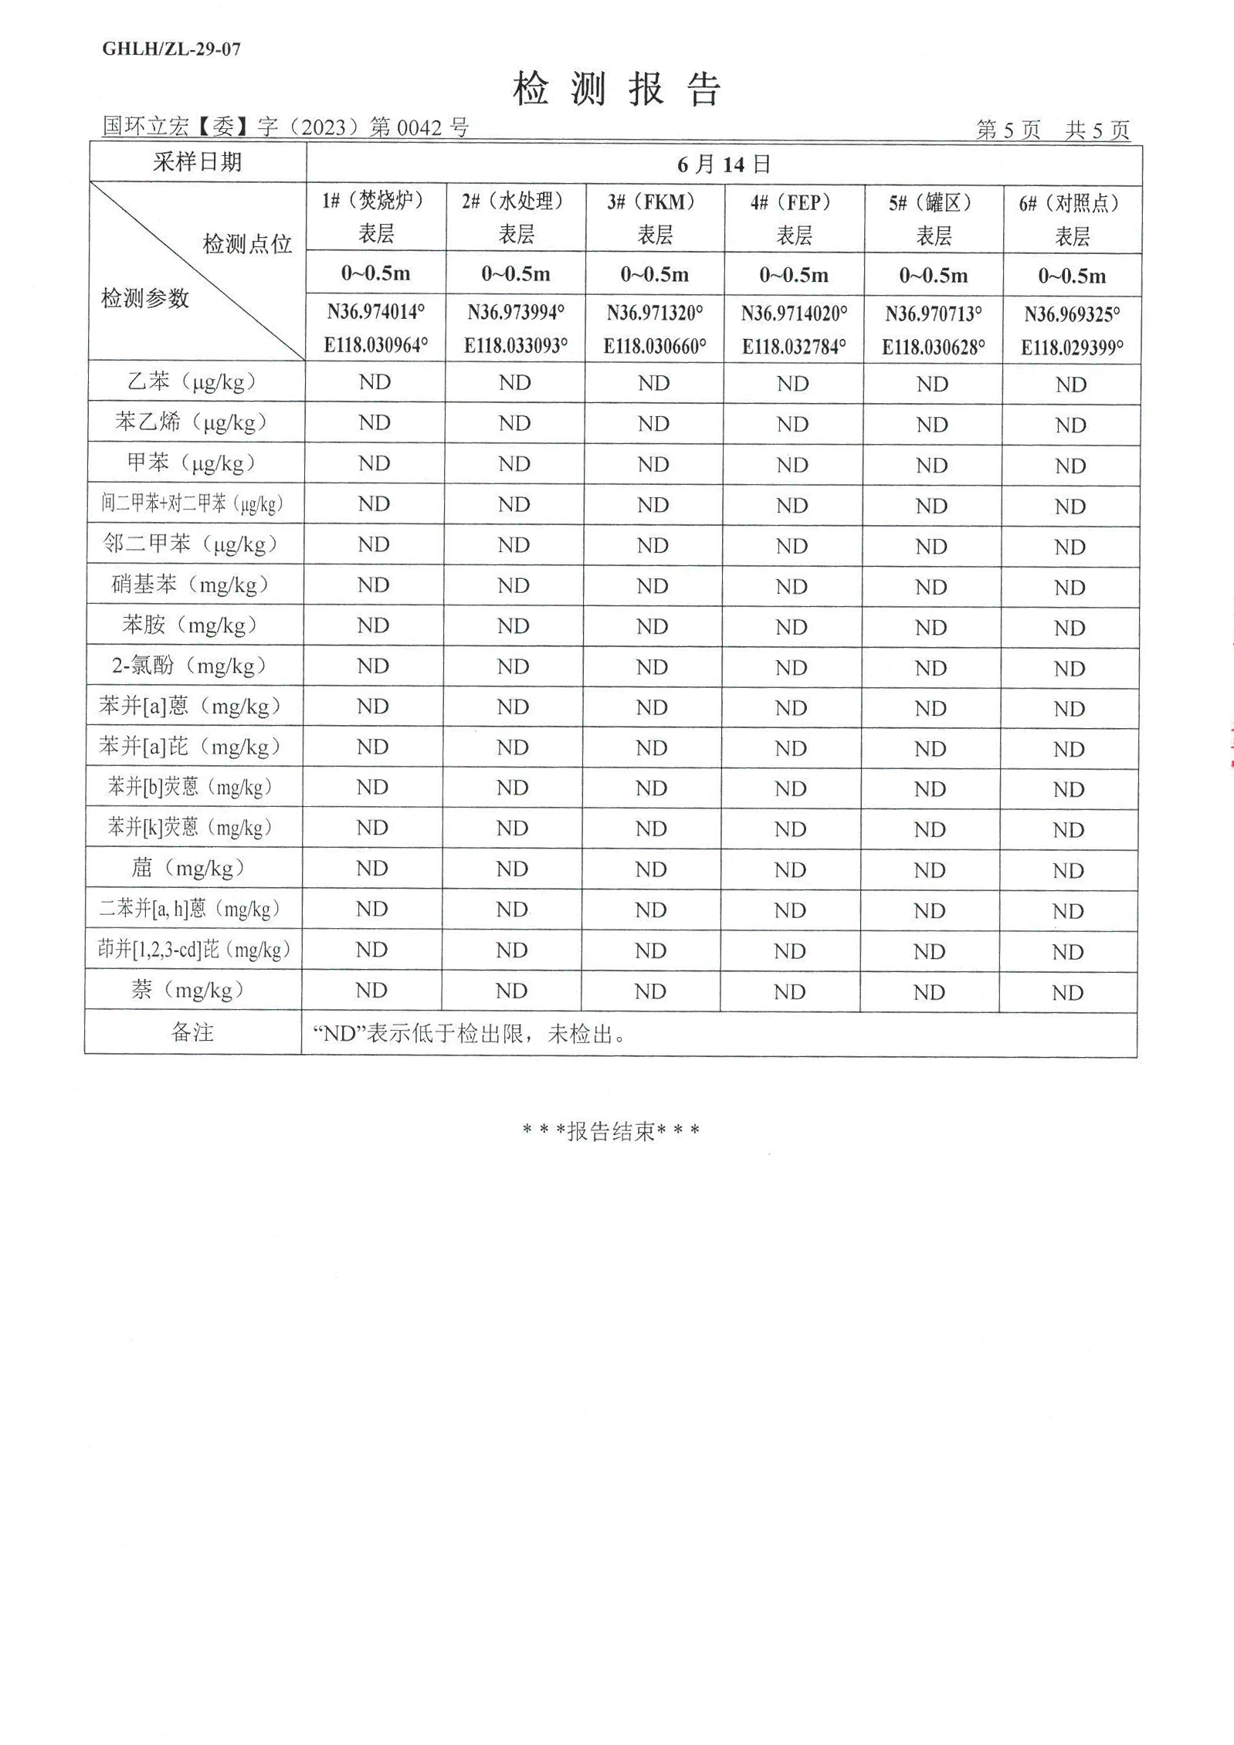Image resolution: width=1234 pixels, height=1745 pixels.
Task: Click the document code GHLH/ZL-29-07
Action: pos(171,49)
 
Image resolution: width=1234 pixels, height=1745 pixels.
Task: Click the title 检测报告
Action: pos(616,89)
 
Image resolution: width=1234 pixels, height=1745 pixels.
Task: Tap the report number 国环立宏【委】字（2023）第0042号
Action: pos(286,127)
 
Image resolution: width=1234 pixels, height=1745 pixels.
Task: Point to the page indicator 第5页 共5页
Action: pos(1053,130)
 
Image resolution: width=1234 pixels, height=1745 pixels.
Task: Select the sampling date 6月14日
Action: pos(724,164)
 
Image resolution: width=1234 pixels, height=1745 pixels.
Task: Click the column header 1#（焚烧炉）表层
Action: pos(376,217)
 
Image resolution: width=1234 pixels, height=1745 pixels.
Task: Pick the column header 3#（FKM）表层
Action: pos(655,218)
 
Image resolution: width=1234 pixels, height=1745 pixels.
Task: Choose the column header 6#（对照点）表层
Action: pos(1072,219)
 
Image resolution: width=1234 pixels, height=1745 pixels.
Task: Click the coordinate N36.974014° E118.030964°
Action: pos(376,328)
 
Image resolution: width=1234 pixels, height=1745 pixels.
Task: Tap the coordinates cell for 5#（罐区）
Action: pos(933,330)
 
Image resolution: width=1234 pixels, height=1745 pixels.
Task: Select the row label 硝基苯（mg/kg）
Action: pos(190,584)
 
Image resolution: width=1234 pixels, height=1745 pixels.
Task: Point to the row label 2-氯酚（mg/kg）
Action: pos(190,666)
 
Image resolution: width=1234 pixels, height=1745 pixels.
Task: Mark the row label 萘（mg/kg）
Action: pos(188,990)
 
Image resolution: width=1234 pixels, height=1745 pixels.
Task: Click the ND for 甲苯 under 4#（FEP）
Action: pos(792,465)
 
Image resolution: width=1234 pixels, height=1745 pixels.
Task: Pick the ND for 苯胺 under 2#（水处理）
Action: pos(513,626)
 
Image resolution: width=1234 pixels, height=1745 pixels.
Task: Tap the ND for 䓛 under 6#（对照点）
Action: pos(1068,871)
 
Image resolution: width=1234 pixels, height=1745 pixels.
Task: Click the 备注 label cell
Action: pos(192,1032)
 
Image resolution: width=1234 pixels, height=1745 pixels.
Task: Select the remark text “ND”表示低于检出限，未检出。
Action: pos(470,1034)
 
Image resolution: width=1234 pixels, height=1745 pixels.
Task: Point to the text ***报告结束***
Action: pos(611,1132)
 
